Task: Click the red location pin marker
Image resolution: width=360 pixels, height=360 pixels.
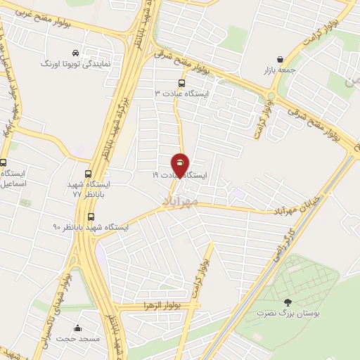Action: (x=180, y=165)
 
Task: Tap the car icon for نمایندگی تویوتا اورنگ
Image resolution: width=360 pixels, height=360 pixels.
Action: (x=75, y=53)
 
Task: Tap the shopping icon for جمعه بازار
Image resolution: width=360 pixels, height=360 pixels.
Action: (x=281, y=59)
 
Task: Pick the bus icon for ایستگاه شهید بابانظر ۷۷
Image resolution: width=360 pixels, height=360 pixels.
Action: (x=88, y=174)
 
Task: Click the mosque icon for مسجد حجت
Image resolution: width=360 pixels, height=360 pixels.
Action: (x=77, y=328)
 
